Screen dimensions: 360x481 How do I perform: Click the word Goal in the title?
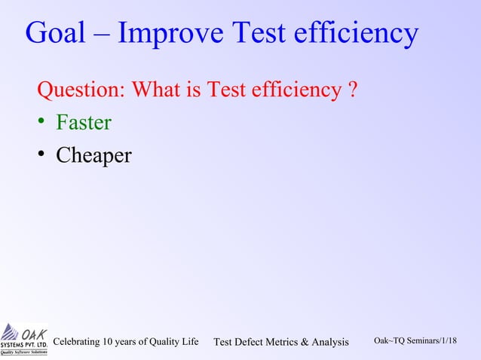55,33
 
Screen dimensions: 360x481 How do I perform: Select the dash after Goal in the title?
104,35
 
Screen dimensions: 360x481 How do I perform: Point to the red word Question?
81,92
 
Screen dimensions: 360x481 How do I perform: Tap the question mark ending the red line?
353,91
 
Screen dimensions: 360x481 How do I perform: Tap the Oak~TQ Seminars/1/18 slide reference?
415,341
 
